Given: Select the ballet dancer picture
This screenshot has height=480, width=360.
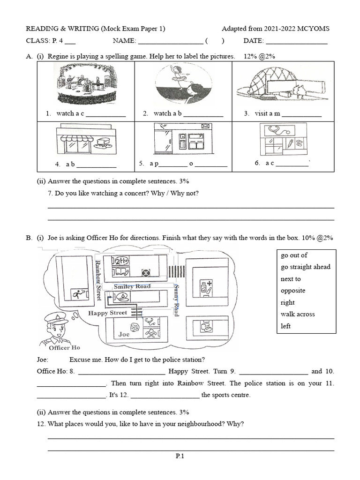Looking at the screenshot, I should (x=180, y=84).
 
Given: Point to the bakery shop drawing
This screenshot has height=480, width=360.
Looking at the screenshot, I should (x=85, y=140).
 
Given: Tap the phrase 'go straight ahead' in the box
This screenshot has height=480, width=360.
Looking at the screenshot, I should (x=305, y=267).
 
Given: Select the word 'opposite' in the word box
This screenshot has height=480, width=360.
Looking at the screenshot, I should (x=293, y=291).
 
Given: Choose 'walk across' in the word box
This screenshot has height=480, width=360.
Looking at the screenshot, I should (x=298, y=314).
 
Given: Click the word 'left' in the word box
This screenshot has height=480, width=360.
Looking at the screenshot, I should (x=285, y=326).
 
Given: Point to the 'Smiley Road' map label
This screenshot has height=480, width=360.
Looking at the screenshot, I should (x=133, y=286).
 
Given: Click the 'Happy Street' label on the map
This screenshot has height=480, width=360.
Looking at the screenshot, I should (x=108, y=313).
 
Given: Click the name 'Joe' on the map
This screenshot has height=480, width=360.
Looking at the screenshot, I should (x=124, y=334).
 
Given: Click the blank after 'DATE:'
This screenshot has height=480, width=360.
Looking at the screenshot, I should (x=297, y=41).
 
